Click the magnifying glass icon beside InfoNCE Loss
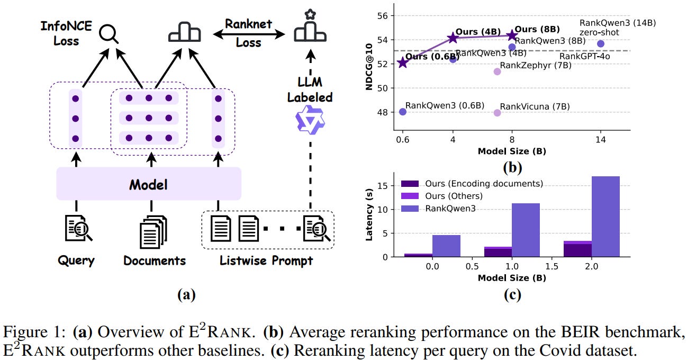[x=110, y=33]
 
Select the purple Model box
[x=148, y=184]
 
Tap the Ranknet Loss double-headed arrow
[x=248, y=35]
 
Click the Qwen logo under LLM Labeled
[x=310, y=121]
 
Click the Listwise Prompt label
[x=266, y=260]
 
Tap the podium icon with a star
[x=310, y=28]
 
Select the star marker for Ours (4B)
[x=453, y=38]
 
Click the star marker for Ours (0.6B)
[x=403, y=63]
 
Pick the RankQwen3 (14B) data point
[x=600, y=44]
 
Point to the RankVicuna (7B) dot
[x=497, y=112]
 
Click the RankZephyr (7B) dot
[x=497, y=71]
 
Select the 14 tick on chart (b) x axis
[x=600, y=142]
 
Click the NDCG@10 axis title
[x=370, y=67]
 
